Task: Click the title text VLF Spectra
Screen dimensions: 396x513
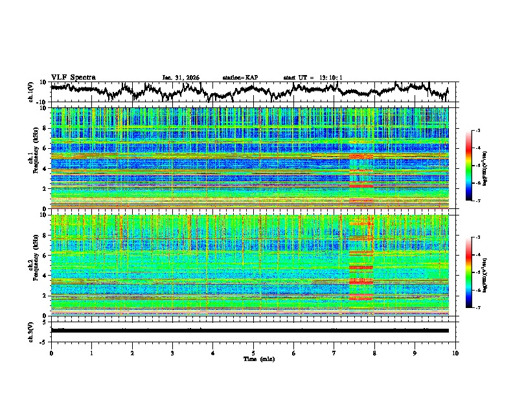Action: (x=73, y=77)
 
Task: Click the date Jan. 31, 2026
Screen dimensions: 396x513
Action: (x=181, y=78)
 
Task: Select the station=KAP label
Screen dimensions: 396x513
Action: (x=240, y=78)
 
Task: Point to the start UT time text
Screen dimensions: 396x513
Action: (x=313, y=78)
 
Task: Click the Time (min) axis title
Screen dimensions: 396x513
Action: (x=253, y=358)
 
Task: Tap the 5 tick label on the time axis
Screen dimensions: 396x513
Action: (x=253, y=353)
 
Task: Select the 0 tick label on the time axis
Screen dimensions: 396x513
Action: (x=51, y=353)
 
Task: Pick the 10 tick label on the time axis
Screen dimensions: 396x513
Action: (x=455, y=353)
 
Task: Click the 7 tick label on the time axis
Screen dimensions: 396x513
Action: (x=334, y=353)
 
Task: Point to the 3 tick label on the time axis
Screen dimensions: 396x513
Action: (x=172, y=353)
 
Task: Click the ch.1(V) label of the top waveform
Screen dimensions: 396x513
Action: (x=31, y=92)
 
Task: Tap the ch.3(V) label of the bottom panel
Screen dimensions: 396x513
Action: (x=31, y=330)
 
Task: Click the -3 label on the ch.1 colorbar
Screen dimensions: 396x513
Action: (x=477, y=131)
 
